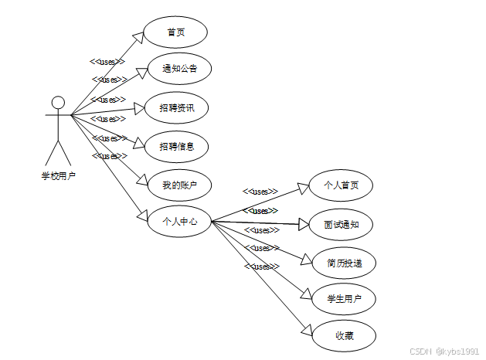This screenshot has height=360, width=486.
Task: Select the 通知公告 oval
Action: pyautogui.click(x=179, y=69)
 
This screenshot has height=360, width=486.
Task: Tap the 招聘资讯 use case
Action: pyautogui.click(x=177, y=107)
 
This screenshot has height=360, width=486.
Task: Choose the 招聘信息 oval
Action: pyautogui.click(x=177, y=145)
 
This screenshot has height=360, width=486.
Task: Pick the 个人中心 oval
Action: pyautogui.click(x=179, y=222)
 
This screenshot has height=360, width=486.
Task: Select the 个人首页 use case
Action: pyautogui.click(x=340, y=186)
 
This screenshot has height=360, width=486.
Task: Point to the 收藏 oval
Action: pyautogui.click(x=345, y=335)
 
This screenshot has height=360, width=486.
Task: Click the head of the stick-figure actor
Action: pyautogui.click(x=57, y=102)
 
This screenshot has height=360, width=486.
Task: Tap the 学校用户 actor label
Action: pyautogui.click(x=58, y=175)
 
